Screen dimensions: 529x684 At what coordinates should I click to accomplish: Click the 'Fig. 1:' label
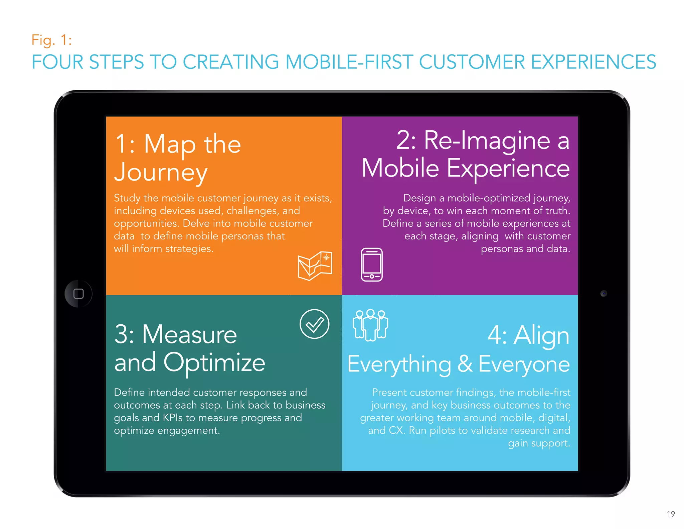click(x=51, y=40)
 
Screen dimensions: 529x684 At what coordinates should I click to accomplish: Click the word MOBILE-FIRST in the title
click(x=349, y=62)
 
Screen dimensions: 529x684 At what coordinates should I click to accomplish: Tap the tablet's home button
click(x=78, y=294)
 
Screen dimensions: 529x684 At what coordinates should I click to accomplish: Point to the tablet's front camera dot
click(x=604, y=293)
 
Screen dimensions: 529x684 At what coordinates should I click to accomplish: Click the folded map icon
click(x=315, y=266)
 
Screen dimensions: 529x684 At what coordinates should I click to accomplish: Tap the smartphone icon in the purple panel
click(x=372, y=264)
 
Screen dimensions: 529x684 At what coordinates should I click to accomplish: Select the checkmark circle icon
click(x=314, y=324)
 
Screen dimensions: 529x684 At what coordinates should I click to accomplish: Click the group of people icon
click(x=370, y=325)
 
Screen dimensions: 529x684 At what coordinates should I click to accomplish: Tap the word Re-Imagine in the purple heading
click(x=487, y=140)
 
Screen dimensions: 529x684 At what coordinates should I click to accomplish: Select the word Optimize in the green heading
click(x=214, y=363)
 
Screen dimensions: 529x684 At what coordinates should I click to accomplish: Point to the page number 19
click(x=671, y=514)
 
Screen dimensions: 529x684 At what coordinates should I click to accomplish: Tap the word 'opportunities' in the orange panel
click(x=146, y=224)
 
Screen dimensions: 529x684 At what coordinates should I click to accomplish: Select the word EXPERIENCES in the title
click(x=593, y=62)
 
